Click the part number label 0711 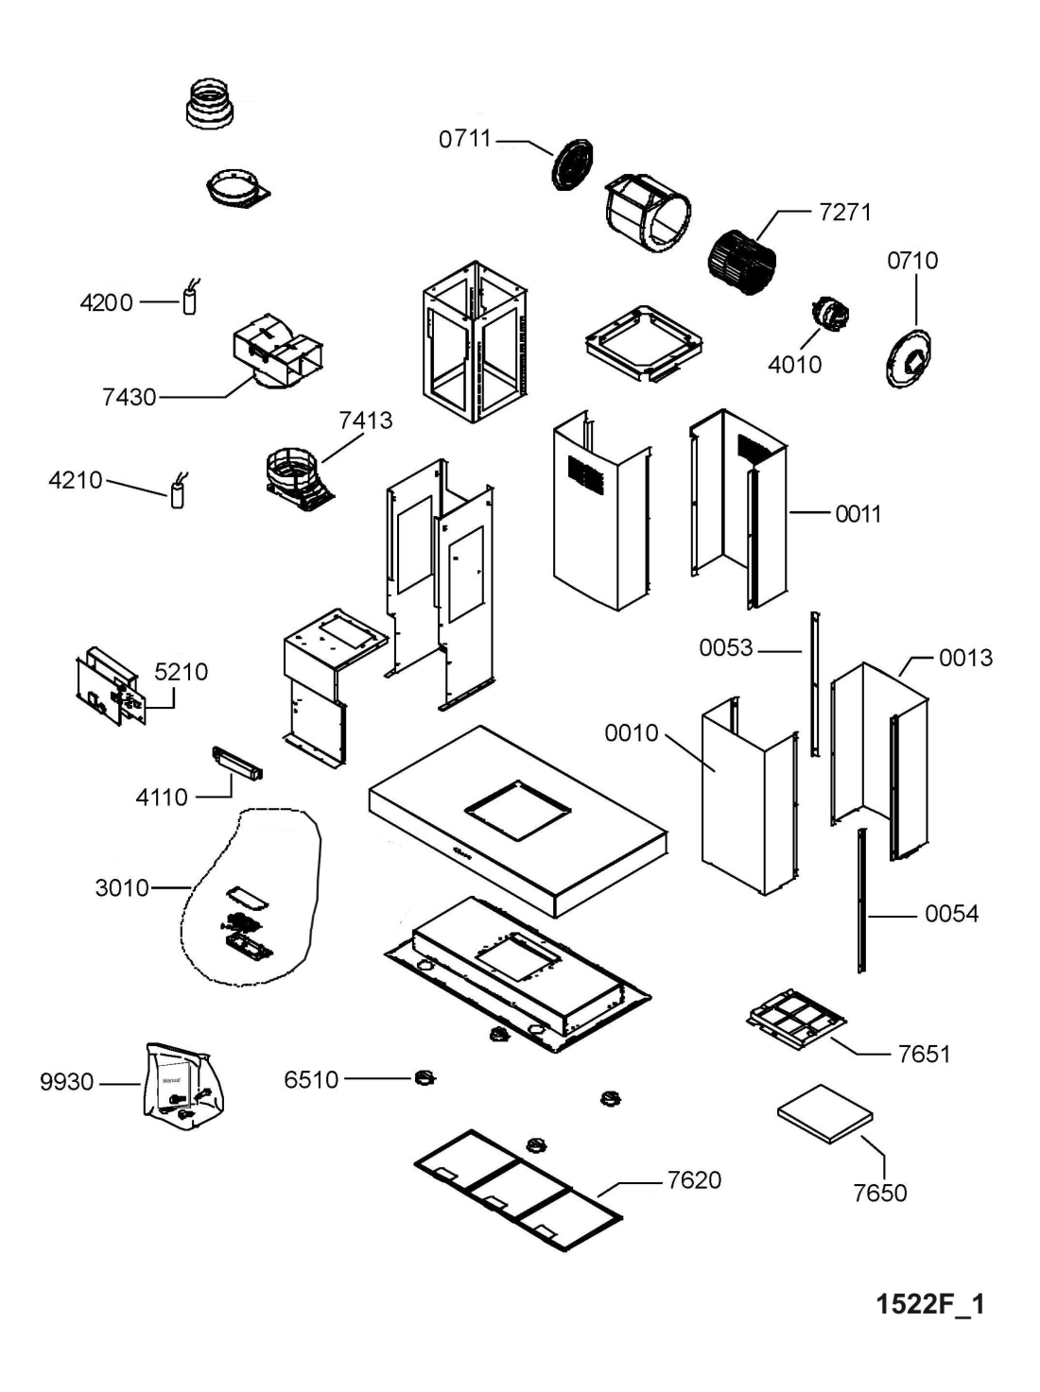[x=465, y=139]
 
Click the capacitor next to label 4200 [x=190, y=301]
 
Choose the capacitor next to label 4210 [x=177, y=493]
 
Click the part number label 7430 [x=129, y=397]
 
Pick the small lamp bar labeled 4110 [x=236, y=762]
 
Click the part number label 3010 [x=122, y=888]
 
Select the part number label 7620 [x=694, y=1180]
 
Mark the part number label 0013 [x=965, y=658]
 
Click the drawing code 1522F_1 [x=930, y=1305]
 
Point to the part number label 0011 [x=858, y=514]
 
